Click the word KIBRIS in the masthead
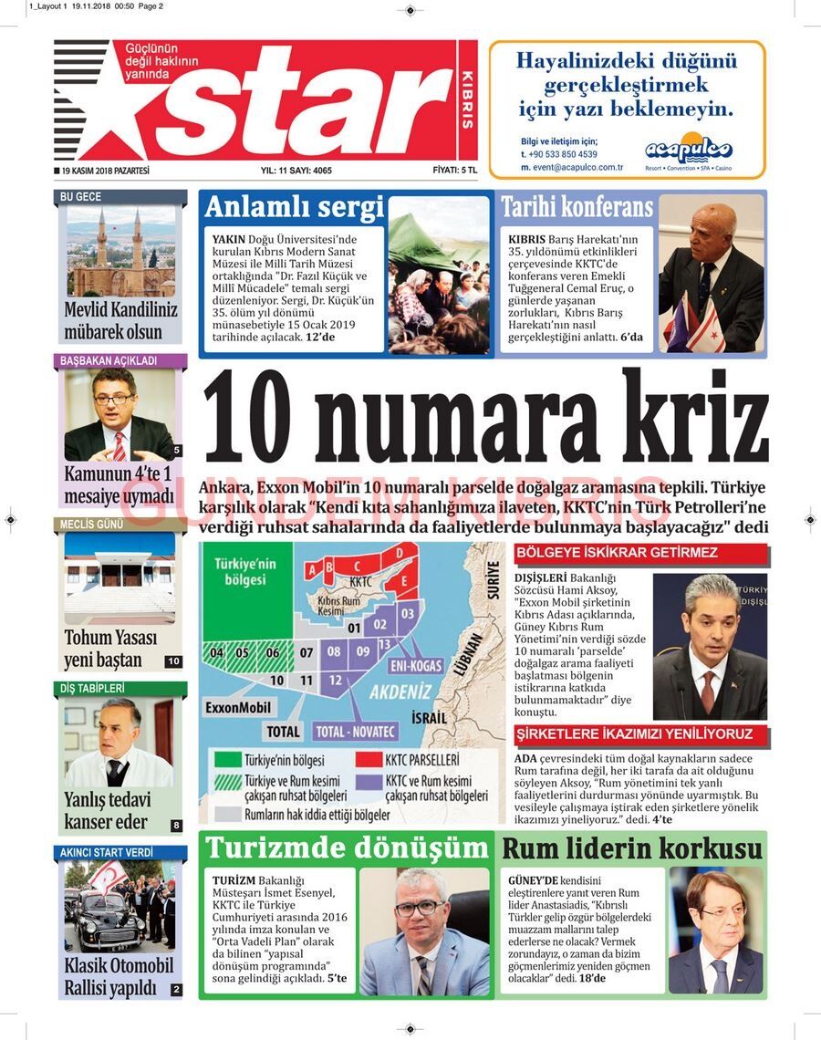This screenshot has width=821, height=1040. [x=467, y=99]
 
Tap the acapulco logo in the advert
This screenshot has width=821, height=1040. [x=689, y=150]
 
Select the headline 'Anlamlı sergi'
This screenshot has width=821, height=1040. [x=294, y=208]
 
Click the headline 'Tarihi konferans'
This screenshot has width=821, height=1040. [x=577, y=207]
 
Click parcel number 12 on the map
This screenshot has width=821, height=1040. [x=336, y=680]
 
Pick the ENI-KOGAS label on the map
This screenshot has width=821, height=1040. [x=416, y=666]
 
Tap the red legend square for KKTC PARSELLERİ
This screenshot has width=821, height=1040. [x=369, y=760]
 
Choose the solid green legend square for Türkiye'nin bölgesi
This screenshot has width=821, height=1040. [x=226, y=760]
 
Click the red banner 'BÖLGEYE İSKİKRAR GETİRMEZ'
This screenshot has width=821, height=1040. [x=641, y=553]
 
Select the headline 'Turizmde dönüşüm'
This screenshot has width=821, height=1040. [x=346, y=848]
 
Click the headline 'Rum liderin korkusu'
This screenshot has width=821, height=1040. [x=631, y=849]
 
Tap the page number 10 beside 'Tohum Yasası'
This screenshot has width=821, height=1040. [x=173, y=661]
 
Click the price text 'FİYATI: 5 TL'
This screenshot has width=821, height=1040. [x=453, y=171]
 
